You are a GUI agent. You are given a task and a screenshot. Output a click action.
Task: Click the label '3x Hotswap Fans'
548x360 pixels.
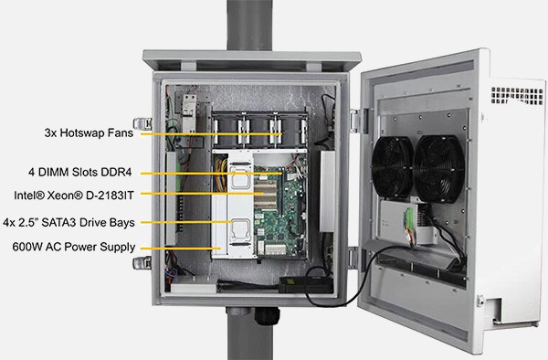(x=89, y=133)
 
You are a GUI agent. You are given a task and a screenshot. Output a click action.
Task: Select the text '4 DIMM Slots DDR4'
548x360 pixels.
(x=80, y=173)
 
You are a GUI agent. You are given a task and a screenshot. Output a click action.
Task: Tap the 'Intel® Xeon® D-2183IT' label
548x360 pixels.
(x=74, y=196)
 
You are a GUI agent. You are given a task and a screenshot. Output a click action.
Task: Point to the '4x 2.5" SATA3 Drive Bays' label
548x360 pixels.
(x=68, y=223)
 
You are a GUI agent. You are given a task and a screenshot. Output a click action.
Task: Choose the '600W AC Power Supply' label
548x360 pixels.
(x=74, y=247)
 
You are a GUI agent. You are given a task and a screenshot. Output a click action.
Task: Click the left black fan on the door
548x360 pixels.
(x=393, y=168)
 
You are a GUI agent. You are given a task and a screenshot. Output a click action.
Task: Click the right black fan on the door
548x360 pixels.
(x=439, y=170)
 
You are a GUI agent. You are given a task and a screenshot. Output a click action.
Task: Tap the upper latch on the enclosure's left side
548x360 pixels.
(x=142, y=123)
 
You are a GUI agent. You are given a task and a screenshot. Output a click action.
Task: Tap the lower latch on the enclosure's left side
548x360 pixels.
(x=142, y=263)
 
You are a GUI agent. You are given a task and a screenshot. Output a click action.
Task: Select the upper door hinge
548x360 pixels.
(x=357, y=121)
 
